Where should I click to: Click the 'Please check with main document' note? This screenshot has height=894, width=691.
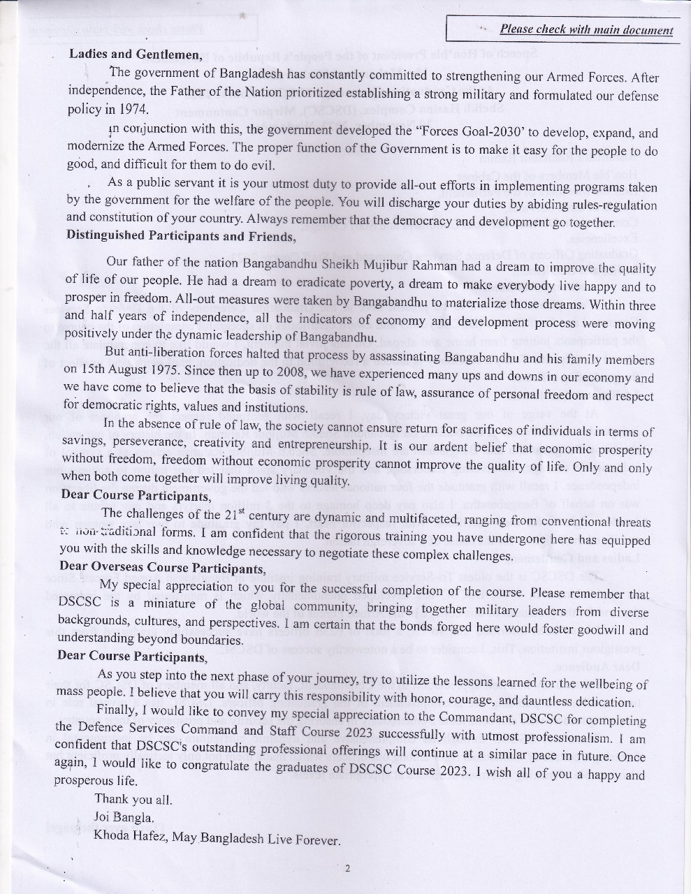pyautogui.click(x=586, y=30)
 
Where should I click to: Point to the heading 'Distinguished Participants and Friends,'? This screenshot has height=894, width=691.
pyautogui.click(x=181, y=235)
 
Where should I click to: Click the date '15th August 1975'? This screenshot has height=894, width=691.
pyautogui.click(x=126, y=369)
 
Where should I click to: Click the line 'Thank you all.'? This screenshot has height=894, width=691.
pyautogui.click(x=133, y=799)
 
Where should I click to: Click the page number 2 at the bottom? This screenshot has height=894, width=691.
pyautogui.click(x=347, y=868)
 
